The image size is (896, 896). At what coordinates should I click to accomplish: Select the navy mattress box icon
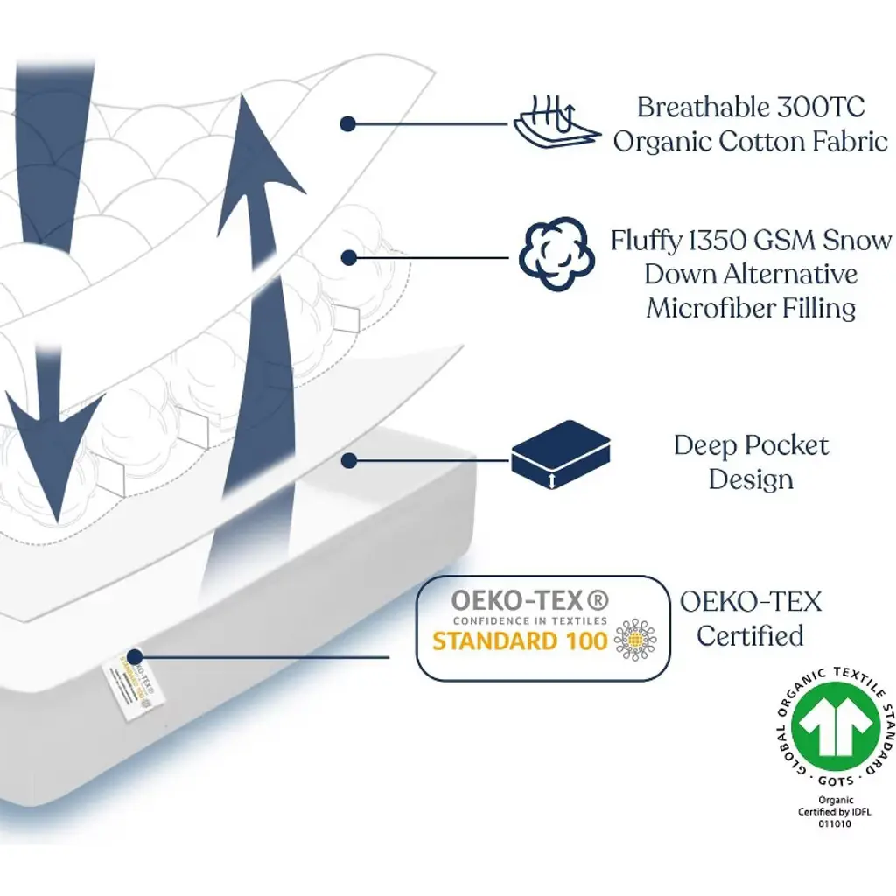(x=560, y=454)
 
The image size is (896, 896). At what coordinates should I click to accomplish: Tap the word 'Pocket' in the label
(x=781, y=445)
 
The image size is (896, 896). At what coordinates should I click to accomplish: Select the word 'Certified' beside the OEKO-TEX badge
(x=750, y=635)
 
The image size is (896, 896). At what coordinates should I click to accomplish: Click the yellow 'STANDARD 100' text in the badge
(x=520, y=640)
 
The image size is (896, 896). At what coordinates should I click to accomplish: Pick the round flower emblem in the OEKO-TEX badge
(x=634, y=640)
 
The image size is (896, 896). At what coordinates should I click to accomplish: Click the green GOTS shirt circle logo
(x=836, y=725)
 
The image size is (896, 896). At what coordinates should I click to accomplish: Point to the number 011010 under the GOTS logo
(x=836, y=823)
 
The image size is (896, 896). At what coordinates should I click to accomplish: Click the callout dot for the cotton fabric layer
(x=347, y=124)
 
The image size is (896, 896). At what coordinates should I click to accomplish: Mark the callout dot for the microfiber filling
(x=348, y=257)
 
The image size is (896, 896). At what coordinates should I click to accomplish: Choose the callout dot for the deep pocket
(x=348, y=459)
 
